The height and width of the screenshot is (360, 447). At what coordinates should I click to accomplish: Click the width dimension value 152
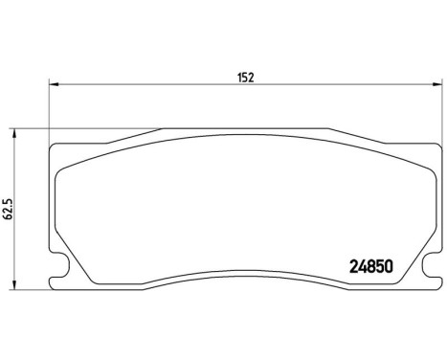(x=245, y=76)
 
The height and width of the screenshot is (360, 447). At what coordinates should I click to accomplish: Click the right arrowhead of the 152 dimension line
(x=438, y=86)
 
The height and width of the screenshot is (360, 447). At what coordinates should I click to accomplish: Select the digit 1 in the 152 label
(x=238, y=76)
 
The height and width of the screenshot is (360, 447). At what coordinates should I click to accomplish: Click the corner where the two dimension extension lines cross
(x=50, y=129)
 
